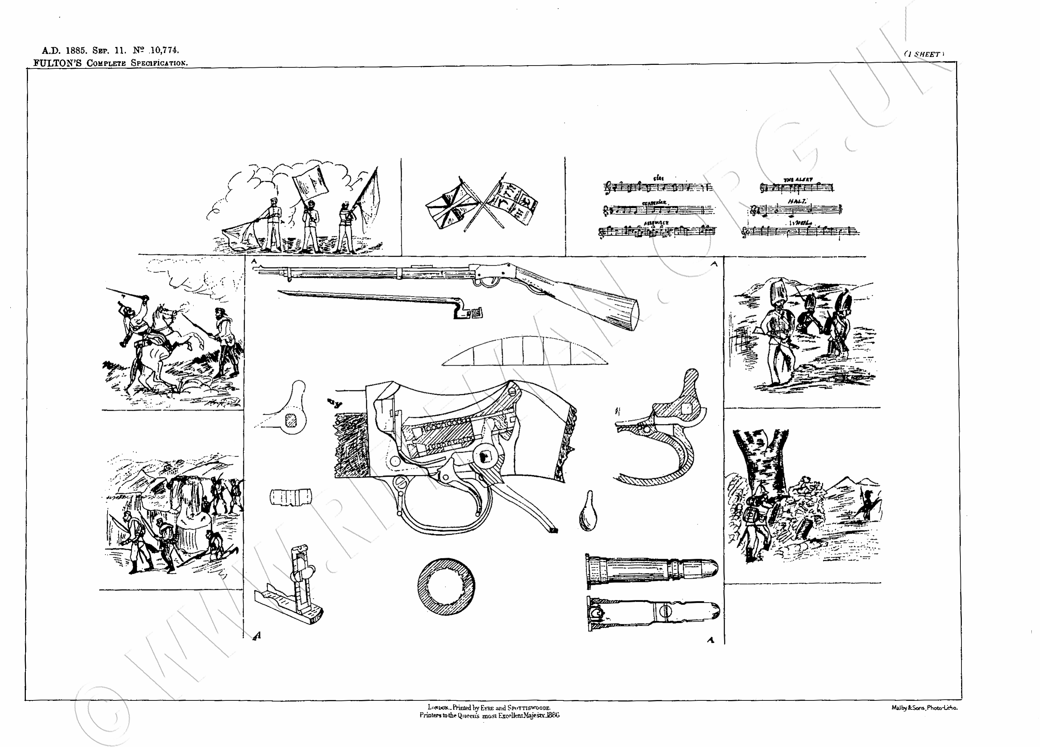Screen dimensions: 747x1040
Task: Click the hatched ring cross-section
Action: pos(446,587)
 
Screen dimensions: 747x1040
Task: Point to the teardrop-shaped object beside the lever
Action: pos(587,513)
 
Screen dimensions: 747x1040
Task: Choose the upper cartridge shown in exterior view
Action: pos(651,571)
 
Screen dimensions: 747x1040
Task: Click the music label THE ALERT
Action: pos(798,180)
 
